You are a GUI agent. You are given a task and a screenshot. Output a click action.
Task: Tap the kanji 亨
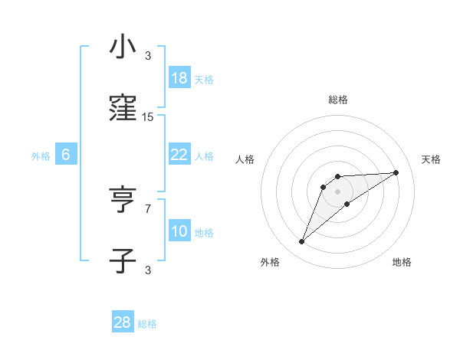tap(123, 200)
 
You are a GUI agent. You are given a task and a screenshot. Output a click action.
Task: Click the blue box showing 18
tap(179, 78)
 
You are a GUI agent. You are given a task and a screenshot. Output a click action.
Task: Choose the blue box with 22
tap(179, 155)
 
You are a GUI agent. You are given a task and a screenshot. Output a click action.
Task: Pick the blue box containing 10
tap(179, 231)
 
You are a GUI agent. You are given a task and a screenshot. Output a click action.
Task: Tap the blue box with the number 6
tap(66, 155)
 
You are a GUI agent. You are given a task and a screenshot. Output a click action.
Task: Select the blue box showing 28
tap(123, 322)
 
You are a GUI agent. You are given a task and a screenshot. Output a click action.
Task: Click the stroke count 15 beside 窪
tap(148, 117)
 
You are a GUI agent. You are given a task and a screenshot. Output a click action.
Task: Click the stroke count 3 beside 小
tap(148, 56)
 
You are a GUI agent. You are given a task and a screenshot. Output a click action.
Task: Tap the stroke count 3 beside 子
tap(148, 270)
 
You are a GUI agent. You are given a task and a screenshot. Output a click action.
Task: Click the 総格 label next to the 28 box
tap(147, 324)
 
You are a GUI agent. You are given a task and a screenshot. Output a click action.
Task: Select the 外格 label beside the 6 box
tap(41, 156)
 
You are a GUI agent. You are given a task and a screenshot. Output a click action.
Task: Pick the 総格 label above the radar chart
tap(338, 100)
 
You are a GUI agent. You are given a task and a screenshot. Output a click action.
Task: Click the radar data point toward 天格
tap(396, 172)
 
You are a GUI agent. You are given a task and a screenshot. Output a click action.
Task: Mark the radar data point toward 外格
tap(302, 242)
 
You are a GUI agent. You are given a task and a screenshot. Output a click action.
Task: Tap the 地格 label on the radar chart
tap(402, 263)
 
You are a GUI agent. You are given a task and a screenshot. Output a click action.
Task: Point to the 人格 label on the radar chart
tap(245, 159)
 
